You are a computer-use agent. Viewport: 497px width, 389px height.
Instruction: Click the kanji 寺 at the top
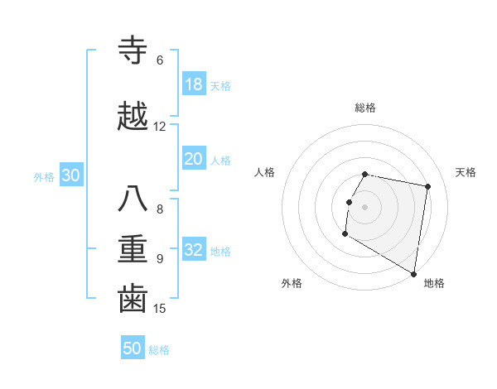(133, 51)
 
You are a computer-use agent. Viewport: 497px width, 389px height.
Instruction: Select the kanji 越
(133, 118)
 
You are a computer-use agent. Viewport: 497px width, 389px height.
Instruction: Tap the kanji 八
(133, 199)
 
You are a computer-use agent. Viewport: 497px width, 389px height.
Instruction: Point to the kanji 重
(133, 249)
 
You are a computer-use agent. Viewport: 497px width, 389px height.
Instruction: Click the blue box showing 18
(193, 84)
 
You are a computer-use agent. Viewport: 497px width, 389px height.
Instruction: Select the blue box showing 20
(193, 160)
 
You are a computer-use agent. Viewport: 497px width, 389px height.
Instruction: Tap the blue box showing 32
(193, 250)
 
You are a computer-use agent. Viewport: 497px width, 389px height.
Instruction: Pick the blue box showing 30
(70, 175)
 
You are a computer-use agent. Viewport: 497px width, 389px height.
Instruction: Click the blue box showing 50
(133, 348)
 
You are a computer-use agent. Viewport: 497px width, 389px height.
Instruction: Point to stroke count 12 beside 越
(160, 127)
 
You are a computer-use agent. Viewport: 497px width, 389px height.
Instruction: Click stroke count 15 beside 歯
(160, 309)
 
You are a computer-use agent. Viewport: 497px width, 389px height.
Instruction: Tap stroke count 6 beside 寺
(159, 60)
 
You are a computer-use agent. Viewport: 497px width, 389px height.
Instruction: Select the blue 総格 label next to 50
(159, 350)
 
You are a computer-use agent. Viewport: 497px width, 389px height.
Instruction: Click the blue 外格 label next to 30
(44, 176)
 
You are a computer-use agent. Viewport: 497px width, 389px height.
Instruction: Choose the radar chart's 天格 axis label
(466, 172)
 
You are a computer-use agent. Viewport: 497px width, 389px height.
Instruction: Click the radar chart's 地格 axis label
(434, 283)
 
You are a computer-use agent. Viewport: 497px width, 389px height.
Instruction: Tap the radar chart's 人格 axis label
(264, 172)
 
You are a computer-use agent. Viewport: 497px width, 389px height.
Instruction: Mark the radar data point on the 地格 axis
(414, 274)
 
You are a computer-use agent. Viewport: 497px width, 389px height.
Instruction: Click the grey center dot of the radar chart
(364, 207)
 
